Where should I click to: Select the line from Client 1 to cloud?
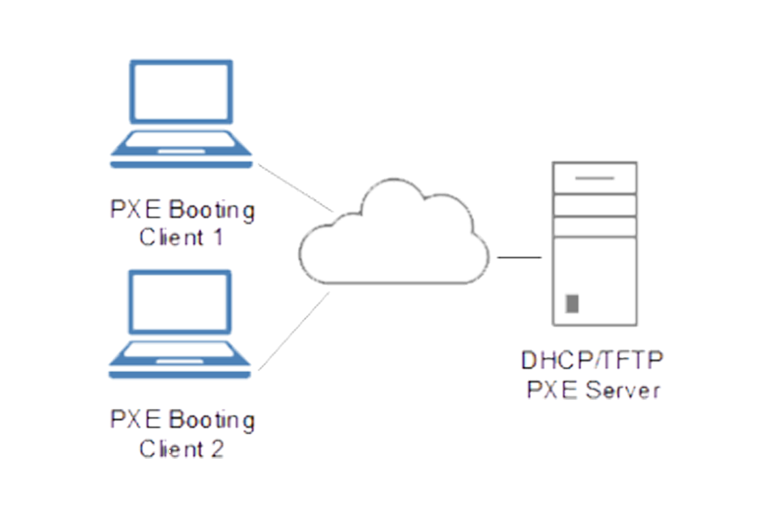(295, 190)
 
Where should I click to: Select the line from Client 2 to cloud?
(296, 329)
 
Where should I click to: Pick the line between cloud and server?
(519, 258)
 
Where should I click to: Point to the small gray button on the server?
(573, 304)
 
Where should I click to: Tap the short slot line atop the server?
(595, 178)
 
